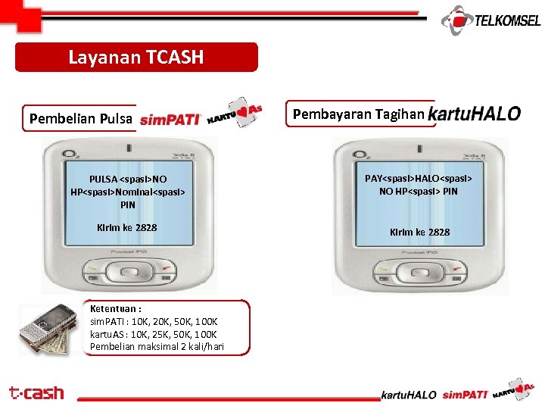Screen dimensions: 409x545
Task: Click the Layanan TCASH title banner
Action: (x=136, y=57)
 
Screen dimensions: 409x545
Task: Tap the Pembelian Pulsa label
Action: (x=80, y=118)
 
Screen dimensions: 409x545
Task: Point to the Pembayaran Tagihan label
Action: (x=358, y=114)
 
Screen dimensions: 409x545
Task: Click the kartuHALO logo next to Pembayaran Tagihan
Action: (x=475, y=114)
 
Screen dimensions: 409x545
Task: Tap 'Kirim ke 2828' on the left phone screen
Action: (x=127, y=227)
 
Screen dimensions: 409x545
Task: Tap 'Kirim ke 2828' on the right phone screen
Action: (x=419, y=232)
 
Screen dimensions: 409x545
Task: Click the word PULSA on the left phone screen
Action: (x=103, y=180)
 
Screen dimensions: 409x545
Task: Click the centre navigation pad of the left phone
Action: (x=127, y=270)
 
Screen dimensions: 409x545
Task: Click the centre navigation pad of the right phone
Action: (x=420, y=270)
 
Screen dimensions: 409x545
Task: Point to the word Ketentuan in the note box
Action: (x=114, y=309)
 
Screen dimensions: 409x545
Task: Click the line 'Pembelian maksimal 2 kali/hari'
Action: (x=157, y=347)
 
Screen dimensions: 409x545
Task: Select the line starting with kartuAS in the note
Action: (x=153, y=334)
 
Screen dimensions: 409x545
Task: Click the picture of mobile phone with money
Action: (x=48, y=329)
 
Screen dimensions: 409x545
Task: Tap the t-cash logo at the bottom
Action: (x=36, y=392)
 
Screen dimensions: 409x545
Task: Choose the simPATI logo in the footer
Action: (x=464, y=394)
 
